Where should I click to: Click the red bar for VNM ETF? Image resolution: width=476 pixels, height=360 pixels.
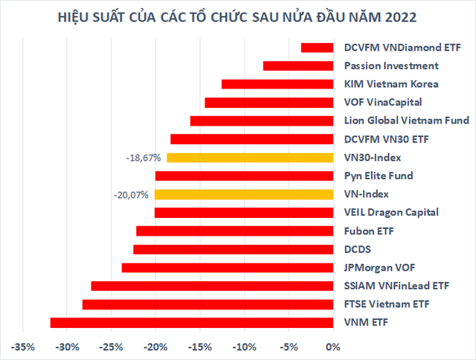(191, 322)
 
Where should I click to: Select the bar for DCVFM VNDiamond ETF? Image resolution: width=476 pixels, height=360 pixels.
(317, 48)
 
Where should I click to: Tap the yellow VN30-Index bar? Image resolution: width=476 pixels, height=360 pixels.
(250, 158)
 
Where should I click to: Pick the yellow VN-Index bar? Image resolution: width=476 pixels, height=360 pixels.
(243, 194)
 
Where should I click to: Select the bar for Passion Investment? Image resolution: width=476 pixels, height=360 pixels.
(297, 66)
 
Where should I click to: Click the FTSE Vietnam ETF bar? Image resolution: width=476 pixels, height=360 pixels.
(208, 304)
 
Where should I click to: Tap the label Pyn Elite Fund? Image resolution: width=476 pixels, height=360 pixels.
(379, 176)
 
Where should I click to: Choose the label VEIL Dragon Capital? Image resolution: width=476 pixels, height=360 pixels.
(391, 213)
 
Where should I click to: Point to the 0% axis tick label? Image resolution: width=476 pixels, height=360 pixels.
(332, 347)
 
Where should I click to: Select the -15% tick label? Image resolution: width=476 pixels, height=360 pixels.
(200, 347)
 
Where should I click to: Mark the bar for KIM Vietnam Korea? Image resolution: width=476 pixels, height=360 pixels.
(277, 84)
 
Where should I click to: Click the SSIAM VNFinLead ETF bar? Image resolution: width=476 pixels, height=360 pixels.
(212, 286)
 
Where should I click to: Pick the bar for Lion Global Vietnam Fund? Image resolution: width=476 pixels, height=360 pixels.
(261, 121)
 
